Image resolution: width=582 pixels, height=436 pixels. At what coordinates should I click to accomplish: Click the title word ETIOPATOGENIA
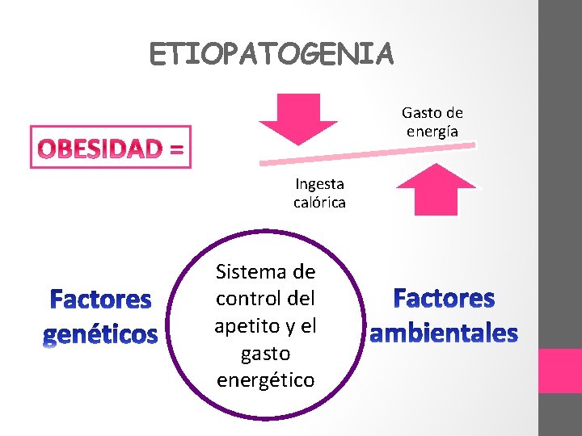pos(272,54)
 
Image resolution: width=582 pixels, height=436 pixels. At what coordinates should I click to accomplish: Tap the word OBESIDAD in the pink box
pos(102,149)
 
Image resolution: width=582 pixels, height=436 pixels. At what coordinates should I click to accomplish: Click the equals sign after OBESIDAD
pos(177,149)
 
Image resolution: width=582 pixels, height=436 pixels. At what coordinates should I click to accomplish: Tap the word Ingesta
pos(319,183)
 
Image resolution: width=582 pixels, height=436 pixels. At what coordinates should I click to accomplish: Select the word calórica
pos(319,202)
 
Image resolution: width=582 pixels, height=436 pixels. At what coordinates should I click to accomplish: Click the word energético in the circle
pos(266,379)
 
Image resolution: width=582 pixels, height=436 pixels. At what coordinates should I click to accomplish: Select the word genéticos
pos(100,333)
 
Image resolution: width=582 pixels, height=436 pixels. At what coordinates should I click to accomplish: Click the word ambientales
pos(444,332)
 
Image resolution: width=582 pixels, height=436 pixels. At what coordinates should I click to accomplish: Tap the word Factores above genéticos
pos(100,300)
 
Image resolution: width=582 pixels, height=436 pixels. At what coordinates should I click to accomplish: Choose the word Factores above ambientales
pos(444,299)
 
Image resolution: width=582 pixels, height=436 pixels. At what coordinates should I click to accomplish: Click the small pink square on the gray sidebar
pos(560,371)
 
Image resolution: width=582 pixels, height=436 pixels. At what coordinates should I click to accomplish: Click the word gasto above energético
pos(265,353)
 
